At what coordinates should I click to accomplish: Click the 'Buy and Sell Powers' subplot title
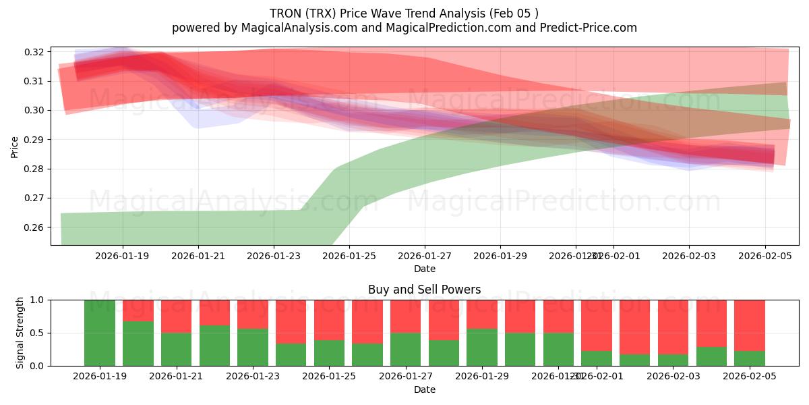(x=424, y=290)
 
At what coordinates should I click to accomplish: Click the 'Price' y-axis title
(x=15, y=146)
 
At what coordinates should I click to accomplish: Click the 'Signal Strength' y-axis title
(x=20, y=333)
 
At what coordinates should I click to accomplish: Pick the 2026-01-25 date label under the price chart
(x=349, y=256)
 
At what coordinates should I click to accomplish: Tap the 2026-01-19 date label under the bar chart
(x=100, y=377)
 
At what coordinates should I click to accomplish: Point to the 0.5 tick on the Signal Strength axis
(x=38, y=333)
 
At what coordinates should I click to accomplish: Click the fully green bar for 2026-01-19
(x=100, y=333)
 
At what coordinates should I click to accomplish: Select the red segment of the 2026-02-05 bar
(x=749, y=324)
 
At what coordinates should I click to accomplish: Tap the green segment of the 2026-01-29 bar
(x=482, y=348)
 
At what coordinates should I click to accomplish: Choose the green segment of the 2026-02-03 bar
(x=673, y=360)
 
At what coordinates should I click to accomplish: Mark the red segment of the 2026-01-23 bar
(x=253, y=313)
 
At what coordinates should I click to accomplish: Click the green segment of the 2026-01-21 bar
(x=176, y=349)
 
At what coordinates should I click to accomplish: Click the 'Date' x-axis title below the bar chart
(x=424, y=389)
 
